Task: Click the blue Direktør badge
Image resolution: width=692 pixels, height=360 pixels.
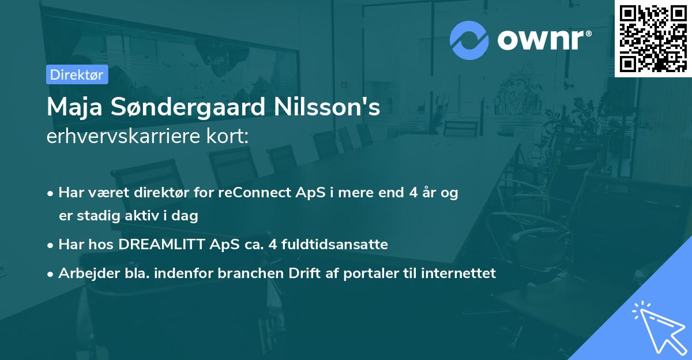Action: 77,74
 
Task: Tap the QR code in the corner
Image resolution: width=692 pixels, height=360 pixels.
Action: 653,38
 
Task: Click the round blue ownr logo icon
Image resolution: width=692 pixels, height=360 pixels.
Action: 469,40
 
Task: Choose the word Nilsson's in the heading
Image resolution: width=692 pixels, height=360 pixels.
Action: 336,107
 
